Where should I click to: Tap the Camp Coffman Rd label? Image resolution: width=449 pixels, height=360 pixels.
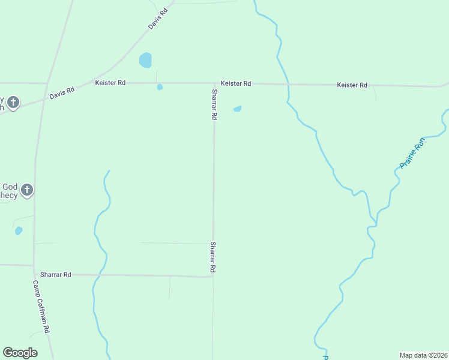coord(41,307)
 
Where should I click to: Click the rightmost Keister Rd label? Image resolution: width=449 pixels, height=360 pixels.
coord(352,85)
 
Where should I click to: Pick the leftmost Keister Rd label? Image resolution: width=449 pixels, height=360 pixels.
coord(110,83)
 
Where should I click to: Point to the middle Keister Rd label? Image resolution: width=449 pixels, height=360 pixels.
coord(235,83)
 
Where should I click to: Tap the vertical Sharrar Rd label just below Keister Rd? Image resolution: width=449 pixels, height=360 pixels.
coord(214,104)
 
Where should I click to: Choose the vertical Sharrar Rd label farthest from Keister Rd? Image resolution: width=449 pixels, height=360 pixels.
coord(212,257)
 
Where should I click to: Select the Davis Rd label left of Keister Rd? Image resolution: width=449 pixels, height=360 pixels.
coord(62,93)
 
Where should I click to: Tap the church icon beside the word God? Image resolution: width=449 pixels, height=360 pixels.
coord(26,191)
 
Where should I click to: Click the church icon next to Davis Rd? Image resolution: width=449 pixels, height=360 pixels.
coord(14,103)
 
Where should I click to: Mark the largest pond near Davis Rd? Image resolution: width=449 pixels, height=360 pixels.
coord(145,60)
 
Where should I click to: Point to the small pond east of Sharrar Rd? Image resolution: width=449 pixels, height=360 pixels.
coord(238,109)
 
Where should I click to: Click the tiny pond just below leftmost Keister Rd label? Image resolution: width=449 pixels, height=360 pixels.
coord(160,87)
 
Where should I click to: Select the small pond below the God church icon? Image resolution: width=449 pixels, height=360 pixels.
coord(19,230)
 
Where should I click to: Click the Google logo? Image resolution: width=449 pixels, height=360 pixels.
coord(20,353)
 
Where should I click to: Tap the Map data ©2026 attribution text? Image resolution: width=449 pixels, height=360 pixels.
coord(423,355)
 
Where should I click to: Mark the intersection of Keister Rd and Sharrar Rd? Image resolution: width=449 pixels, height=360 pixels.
coord(214,83)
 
